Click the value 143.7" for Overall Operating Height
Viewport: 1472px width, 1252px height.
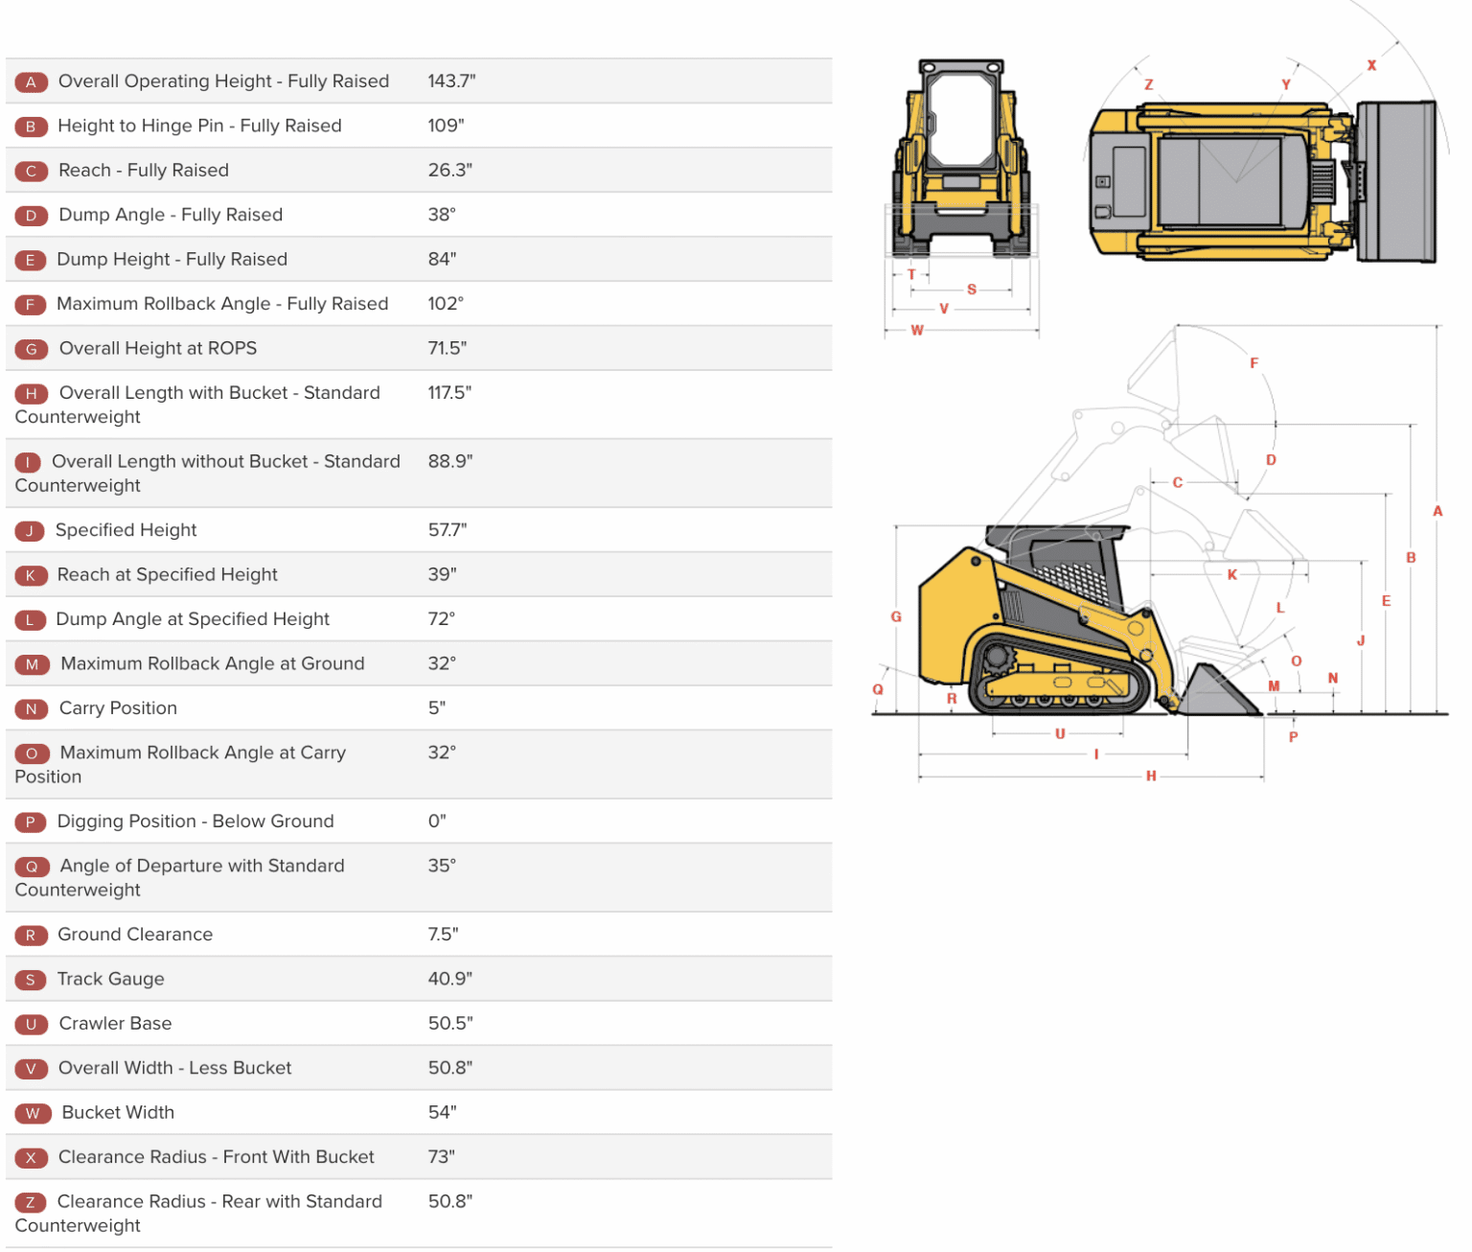point(451,81)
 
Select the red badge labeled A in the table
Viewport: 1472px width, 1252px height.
point(32,82)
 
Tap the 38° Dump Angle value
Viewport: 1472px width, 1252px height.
point(442,215)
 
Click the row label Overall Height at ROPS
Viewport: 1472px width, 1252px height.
point(157,349)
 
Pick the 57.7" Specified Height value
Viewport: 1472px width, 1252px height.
point(448,530)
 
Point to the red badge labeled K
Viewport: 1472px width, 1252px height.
point(31,576)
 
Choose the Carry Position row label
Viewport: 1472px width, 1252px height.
point(118,708)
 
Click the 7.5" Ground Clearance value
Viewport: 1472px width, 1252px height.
point(443,935)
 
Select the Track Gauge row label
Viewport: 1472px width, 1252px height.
point(110,979)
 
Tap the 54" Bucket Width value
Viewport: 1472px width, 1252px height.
point(442,1113)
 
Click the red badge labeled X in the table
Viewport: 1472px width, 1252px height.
point(31,1158)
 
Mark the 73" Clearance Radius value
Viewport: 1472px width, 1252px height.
point(441,1157)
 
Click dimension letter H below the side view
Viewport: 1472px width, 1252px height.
point(1151,777)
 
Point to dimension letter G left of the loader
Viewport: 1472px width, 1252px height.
point(896,616)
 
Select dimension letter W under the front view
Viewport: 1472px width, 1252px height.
point(917,331)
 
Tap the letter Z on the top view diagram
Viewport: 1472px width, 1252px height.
point(1148,84)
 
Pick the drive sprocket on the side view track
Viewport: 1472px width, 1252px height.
point(998,658)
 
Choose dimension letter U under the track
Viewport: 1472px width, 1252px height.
point(1060,734)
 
